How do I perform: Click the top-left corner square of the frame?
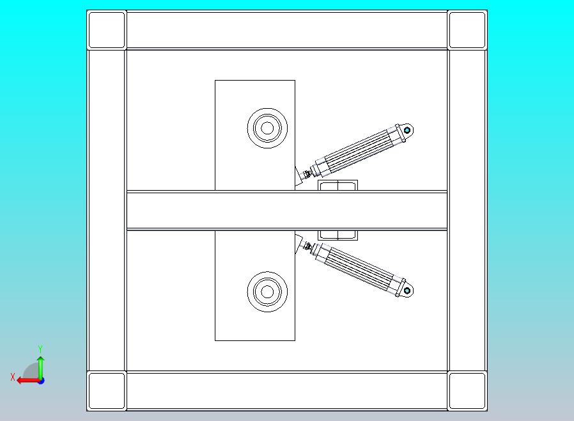107,30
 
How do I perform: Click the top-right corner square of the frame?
467,30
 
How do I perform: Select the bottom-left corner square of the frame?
107,390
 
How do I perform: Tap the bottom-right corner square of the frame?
467,390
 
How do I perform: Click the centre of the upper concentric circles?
267,128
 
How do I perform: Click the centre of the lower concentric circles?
267,292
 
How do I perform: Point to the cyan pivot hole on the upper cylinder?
407,130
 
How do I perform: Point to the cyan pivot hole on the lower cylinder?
407,290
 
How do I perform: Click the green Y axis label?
40,349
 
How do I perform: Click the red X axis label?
13,377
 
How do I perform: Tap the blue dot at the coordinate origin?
41,381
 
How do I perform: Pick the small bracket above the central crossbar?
337,186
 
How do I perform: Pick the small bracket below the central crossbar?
337,235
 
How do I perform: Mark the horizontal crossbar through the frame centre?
286,210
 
